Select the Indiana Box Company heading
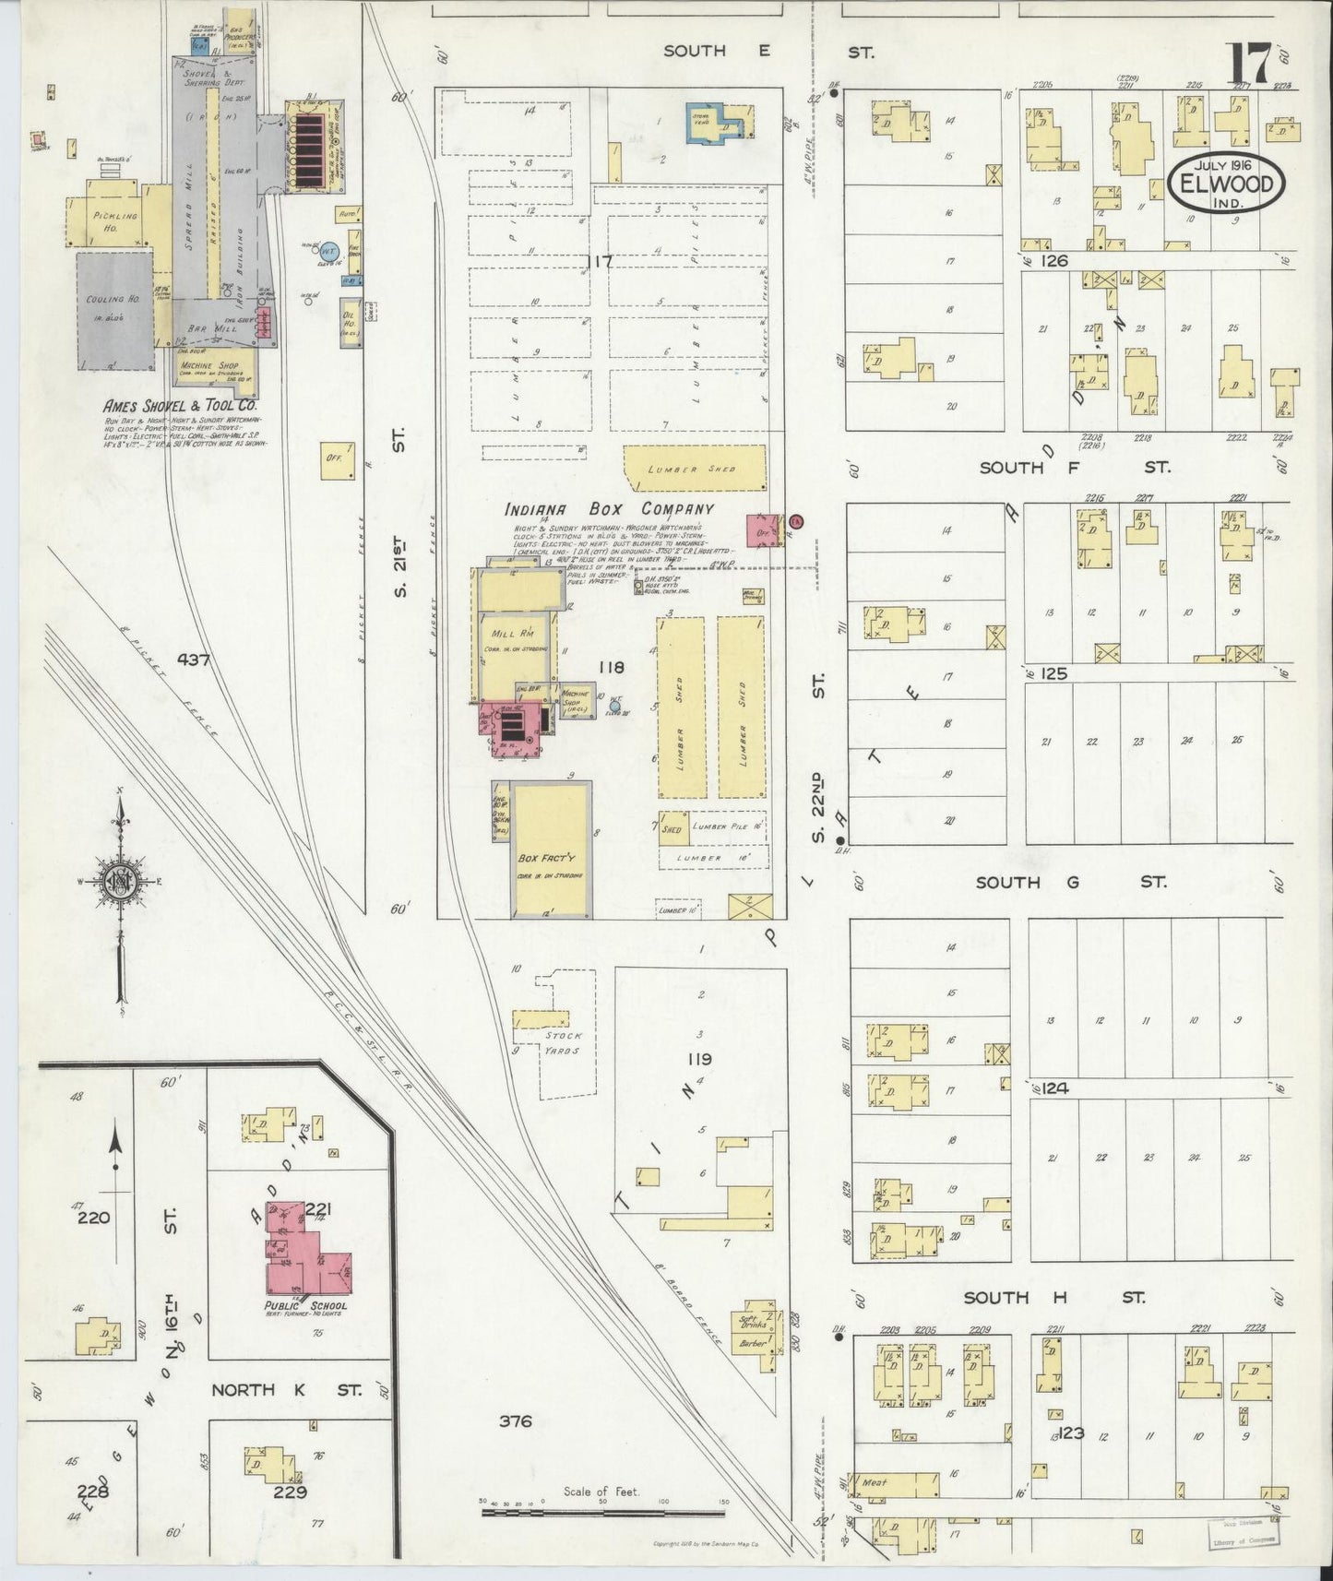pyautogui.click(x=609, y=509)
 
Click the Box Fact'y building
pyautogui.click(x=550, y=849)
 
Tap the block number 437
pyautogui.click(x=196, y=660)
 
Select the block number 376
pyautogui.click(x=515, y=1421)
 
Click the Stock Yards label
pyautogui.click(x=563, y=1042)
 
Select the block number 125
pyautogui.click(x=1053, y=674)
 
